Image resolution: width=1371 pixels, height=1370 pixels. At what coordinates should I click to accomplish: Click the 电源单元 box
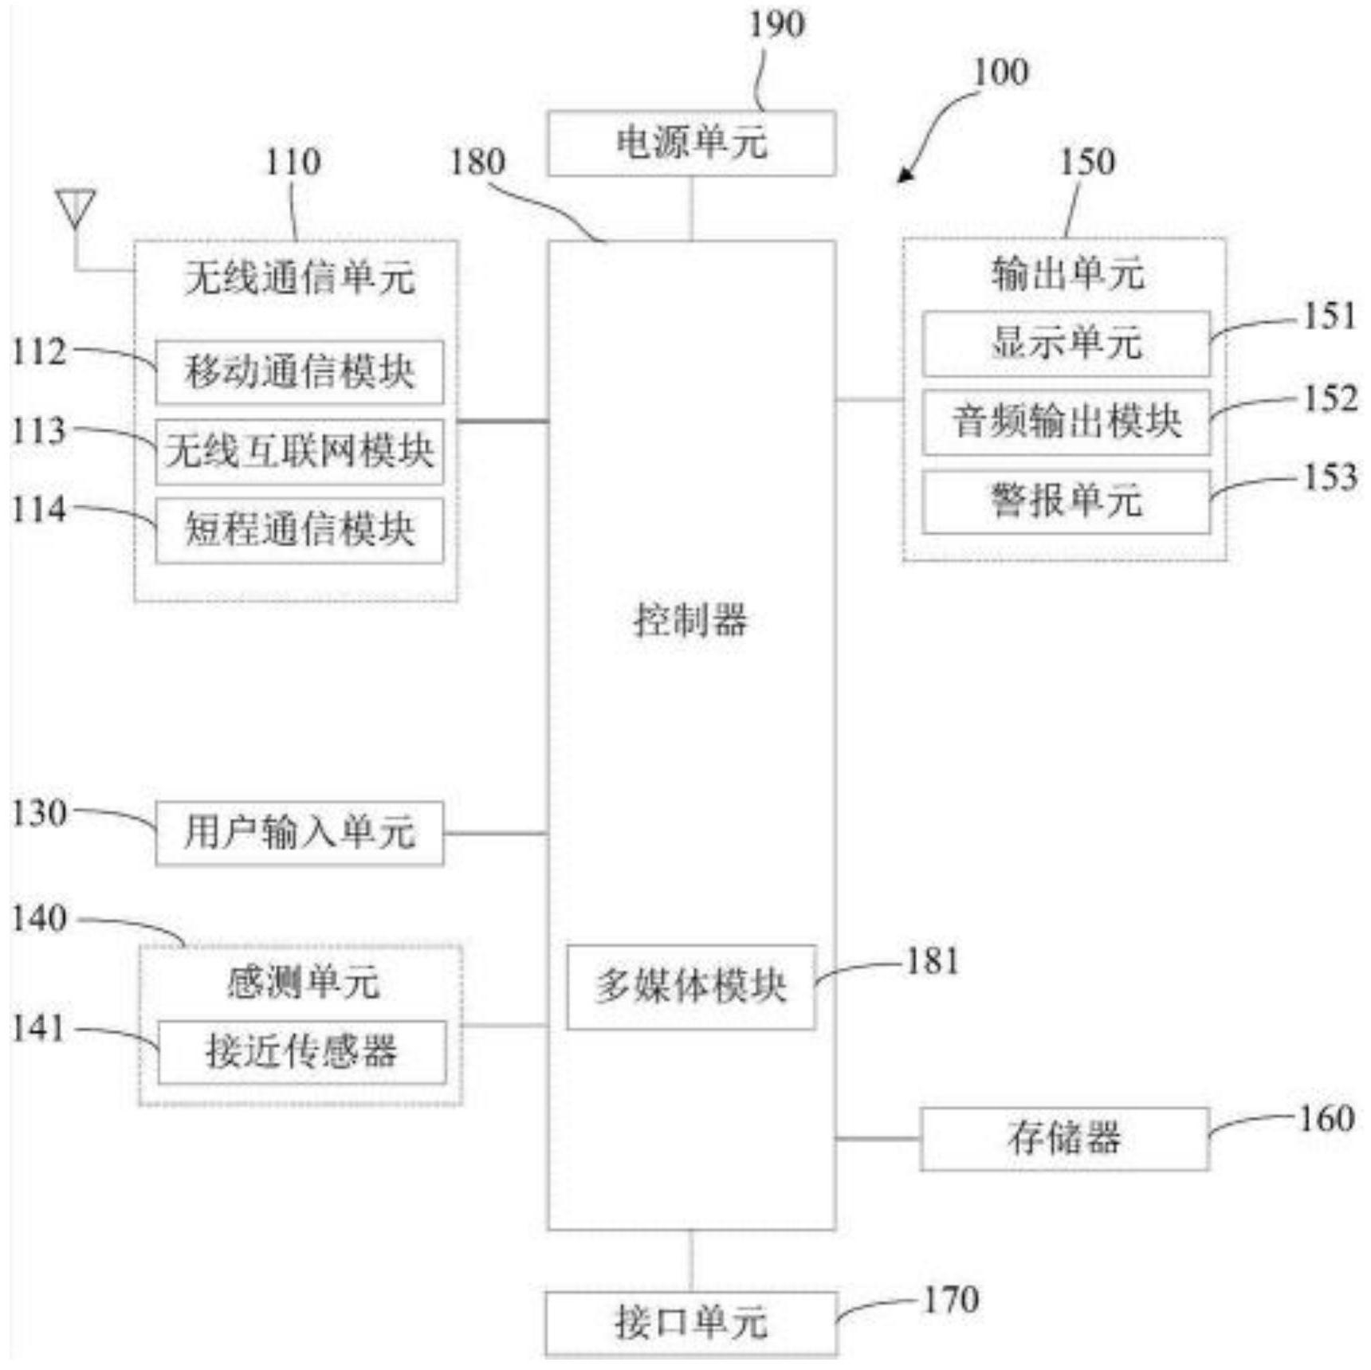click(691, 143)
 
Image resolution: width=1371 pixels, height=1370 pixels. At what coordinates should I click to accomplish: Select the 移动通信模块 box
click(299, 372)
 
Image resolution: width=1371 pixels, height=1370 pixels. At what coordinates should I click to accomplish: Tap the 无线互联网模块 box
click(299, 451)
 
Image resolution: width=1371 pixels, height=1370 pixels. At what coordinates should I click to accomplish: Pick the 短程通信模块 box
click(299, 530)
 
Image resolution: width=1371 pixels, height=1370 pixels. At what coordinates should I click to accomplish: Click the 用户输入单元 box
click(299, 833)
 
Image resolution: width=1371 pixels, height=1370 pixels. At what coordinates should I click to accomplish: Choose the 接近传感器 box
click(301, 1052)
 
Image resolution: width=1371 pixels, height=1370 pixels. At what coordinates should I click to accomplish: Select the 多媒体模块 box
click(691, 987)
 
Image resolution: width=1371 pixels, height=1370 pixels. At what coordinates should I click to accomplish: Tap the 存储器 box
click(1064, 1139)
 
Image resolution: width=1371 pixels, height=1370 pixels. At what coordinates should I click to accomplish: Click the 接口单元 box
click(691, 1324)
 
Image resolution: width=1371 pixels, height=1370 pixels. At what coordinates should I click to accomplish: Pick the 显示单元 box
click(1066, 343)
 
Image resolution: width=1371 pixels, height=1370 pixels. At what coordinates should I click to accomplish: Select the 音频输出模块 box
click(1066, 422)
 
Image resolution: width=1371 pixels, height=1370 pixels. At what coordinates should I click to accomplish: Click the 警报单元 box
click(1066, 502)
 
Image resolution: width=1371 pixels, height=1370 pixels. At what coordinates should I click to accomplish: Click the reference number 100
click(1001, 73)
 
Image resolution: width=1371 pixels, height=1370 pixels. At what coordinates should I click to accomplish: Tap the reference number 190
click(776, 24)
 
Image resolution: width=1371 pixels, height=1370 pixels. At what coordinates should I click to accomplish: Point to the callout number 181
click(932, 961)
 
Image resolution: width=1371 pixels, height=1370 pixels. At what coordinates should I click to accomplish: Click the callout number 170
click(951, 1300)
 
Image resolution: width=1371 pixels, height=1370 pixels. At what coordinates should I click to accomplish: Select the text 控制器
click(691, 620)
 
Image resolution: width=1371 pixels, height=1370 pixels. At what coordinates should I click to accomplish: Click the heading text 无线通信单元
click(300, 278)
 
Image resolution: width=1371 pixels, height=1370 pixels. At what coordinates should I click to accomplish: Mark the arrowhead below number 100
click(905, 174)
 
